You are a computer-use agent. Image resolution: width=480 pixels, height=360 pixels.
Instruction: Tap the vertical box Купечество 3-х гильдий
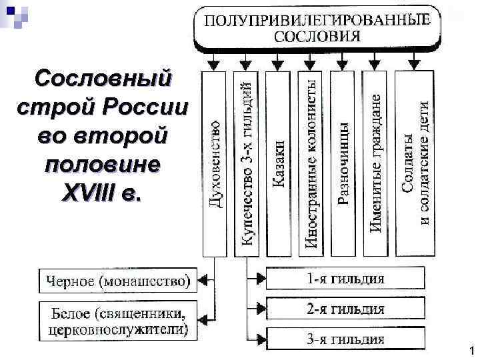(247, 163)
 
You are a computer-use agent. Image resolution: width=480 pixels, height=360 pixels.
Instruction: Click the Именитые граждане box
(376, 163)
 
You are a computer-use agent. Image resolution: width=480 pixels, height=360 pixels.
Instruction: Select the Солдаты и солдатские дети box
(415, 163)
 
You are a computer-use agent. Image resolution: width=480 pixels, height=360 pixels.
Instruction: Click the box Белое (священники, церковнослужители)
(117, 320)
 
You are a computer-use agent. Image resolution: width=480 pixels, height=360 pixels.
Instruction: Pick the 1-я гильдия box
(345, 279)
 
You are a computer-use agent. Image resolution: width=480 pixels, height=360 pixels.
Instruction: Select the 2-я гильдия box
(345, 309)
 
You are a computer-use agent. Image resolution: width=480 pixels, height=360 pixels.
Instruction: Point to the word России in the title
(151, 107)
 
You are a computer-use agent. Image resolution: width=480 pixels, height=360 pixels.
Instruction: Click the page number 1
(471, 351)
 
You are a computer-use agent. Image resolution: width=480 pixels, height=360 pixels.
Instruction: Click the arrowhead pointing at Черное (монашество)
(203, 281)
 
